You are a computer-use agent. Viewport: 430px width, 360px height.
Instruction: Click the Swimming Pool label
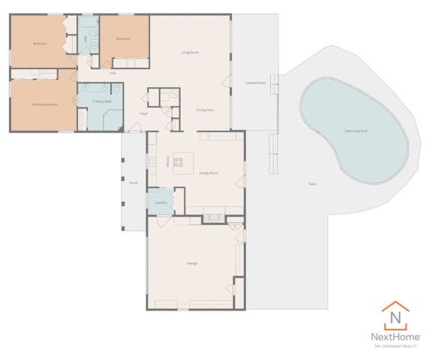355,130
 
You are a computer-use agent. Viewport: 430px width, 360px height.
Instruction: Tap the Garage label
191,263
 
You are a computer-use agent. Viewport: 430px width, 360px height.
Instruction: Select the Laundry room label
160,202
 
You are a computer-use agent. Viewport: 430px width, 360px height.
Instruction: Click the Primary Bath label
102,100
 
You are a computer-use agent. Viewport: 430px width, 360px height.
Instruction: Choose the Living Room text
189,52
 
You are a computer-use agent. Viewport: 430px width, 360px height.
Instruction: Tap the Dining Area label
205,109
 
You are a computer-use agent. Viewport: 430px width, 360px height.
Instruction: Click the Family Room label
209,172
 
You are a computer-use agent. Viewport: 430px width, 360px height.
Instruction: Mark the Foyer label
143,113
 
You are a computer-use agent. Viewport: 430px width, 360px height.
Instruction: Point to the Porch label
134,182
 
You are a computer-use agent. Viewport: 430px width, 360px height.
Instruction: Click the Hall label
113,73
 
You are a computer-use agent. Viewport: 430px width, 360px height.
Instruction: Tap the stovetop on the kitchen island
179,160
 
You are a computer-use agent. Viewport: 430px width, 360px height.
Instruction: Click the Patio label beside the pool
311,184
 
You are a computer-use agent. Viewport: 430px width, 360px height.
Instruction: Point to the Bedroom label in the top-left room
40,44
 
